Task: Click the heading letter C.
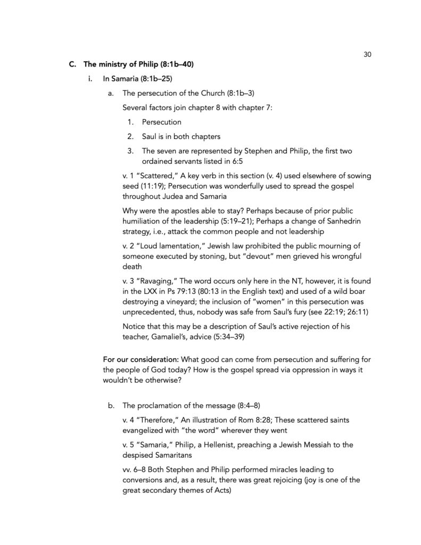(x=72, y=65)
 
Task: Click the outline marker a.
(x=110, y=94)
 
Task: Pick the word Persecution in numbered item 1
(x=161, y=122)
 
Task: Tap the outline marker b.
(x=110, y=405)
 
